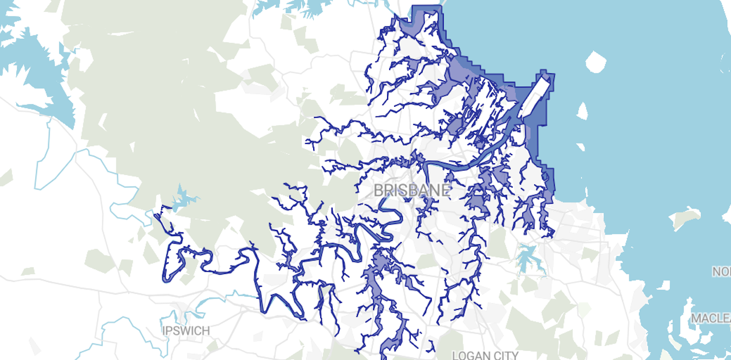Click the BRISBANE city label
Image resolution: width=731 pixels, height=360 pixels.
(412, 190)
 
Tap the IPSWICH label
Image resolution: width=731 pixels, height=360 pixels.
(186, 330)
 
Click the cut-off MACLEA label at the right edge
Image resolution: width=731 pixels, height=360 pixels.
(711, 319)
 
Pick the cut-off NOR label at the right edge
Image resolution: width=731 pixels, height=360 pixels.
(721, 272)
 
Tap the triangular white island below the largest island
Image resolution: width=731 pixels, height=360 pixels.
(582, 110)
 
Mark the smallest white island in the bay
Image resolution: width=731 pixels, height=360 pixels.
(581, 147)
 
